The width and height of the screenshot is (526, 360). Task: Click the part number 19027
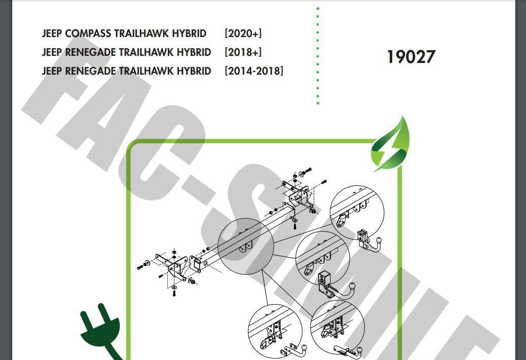(x=411, y=57)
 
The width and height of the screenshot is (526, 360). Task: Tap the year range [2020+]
(x=243, y=34)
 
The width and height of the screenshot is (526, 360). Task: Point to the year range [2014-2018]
(x=254, y=71)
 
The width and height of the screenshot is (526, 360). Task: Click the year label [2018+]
(x=243, y=52)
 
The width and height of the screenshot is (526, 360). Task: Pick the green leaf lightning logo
(x=390, y=144)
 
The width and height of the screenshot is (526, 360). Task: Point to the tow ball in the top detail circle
(x=379, y=241)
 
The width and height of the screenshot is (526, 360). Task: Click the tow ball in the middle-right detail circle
(x=352, y=287)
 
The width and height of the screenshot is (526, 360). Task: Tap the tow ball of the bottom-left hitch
(x=304, y=348)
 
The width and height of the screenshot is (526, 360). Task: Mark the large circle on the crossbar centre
(x=245, y=246)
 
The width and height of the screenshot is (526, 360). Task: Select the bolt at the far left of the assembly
(x=140, y=267)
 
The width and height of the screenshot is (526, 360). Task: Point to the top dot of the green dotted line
(x=318, y=8)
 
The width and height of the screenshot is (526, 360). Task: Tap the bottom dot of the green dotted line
(x=318, y=103)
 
